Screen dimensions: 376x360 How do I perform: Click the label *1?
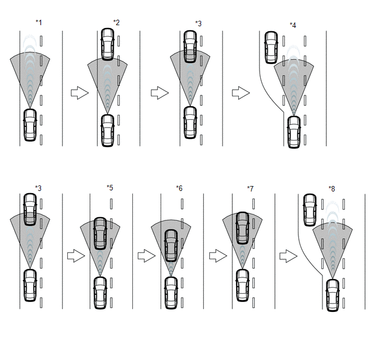point(39,22)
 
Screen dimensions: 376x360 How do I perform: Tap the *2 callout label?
point(116,22)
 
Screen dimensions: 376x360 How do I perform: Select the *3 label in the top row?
point(198,24)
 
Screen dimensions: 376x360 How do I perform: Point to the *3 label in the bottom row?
point(38,188)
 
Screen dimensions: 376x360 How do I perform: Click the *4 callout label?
point(293,25)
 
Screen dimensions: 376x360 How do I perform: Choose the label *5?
point(110,188)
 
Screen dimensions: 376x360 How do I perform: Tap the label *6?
point(179,188)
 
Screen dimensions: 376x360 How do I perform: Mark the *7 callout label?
point(250,189)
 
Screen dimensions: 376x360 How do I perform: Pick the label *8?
point(332,189)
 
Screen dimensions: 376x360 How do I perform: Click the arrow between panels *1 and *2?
point(80,92)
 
